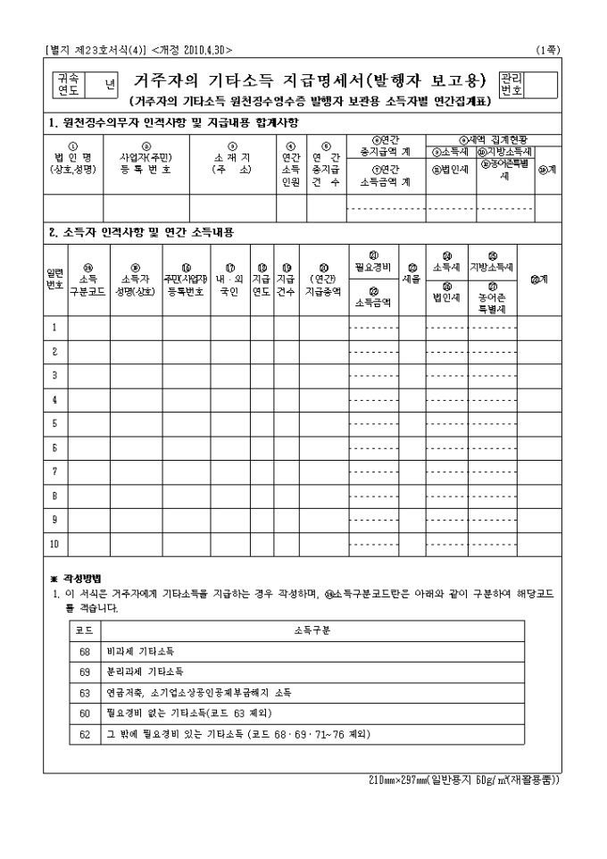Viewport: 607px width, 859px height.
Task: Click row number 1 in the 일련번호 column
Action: pos(54,328)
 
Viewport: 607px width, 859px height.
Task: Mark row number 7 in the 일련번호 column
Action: pos(54,471)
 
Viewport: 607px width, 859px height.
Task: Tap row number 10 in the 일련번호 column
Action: pos(54,543)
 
